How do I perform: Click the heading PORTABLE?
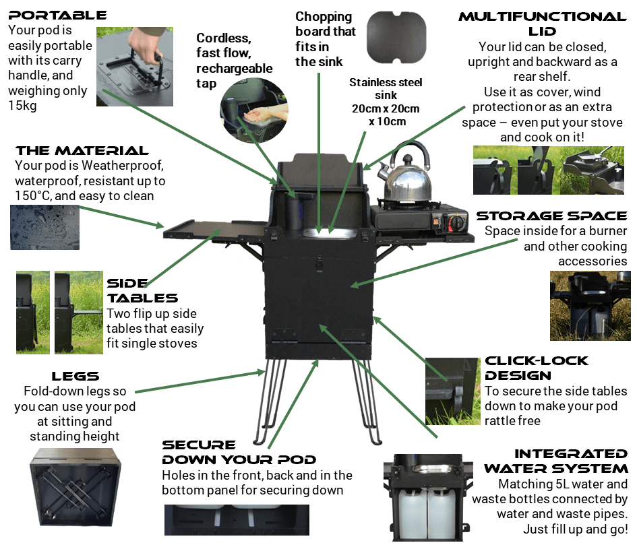pyautogui.click(x=57, y=15)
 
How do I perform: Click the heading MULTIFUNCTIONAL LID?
pyautogui.click(x=542, y=24)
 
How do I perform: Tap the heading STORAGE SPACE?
pyautogui.click(x=551, y=216)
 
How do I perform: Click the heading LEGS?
pyautogui.click(x=75, y=376)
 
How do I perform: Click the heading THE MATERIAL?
pyautogui.click(x=82, y=150)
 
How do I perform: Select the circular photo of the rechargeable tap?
pyautogui.click(x=251, y=112)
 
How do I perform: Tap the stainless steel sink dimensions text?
pyautogui.click(x=386, y=102)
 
